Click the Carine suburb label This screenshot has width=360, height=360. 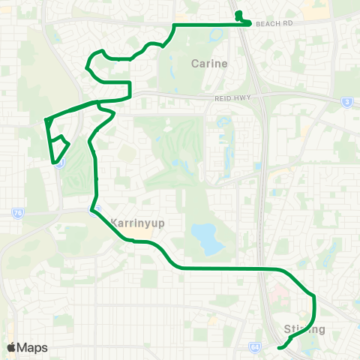[x=209, y=64]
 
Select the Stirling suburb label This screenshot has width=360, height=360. [x=304, y=329]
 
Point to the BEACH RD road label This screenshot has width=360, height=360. [x=272, y=24]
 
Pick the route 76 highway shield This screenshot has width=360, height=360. [x=17, y=213]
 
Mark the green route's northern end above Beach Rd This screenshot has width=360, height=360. [x=238, y=13]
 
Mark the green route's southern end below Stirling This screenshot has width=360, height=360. [x=278, y=348]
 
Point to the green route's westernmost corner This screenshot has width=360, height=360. [x=46, y=119]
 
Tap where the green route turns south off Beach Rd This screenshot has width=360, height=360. [x=174, y=26]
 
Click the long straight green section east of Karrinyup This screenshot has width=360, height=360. [x=225, y=268]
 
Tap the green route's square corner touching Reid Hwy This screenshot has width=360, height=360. [x=130, y=97]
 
